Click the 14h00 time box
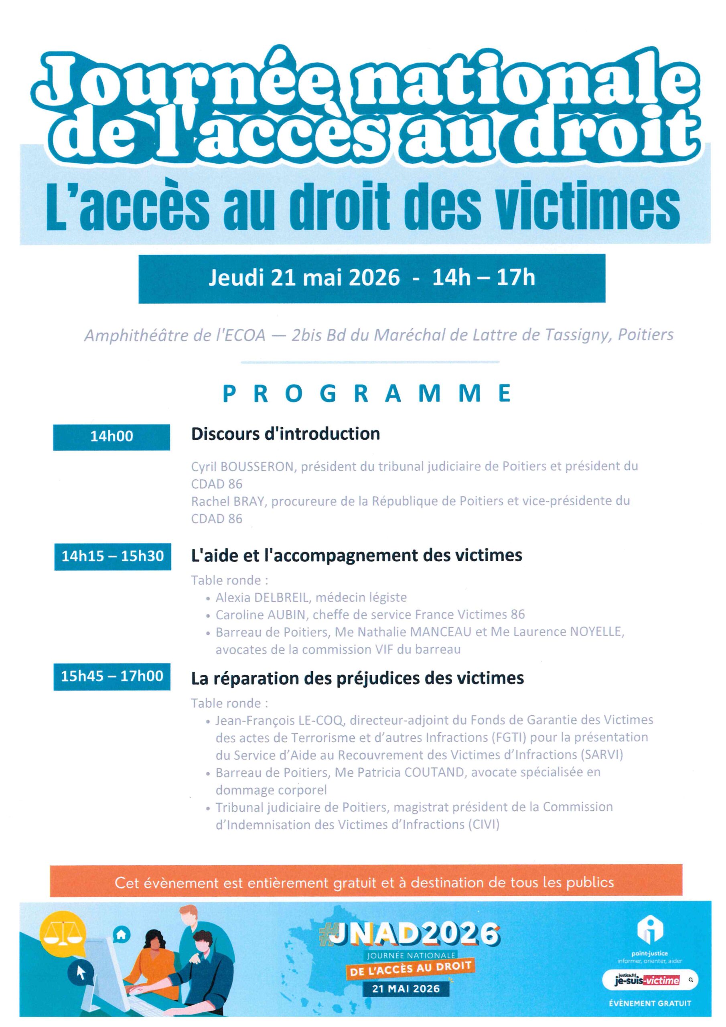(x=112, y=436)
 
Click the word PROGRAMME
(x=366, y=394)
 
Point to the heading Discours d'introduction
(x=286, y=434)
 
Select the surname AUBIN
(x=287, y=615)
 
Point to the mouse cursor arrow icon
(x=81, y=972)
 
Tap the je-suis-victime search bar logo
(x=649, y=980)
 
